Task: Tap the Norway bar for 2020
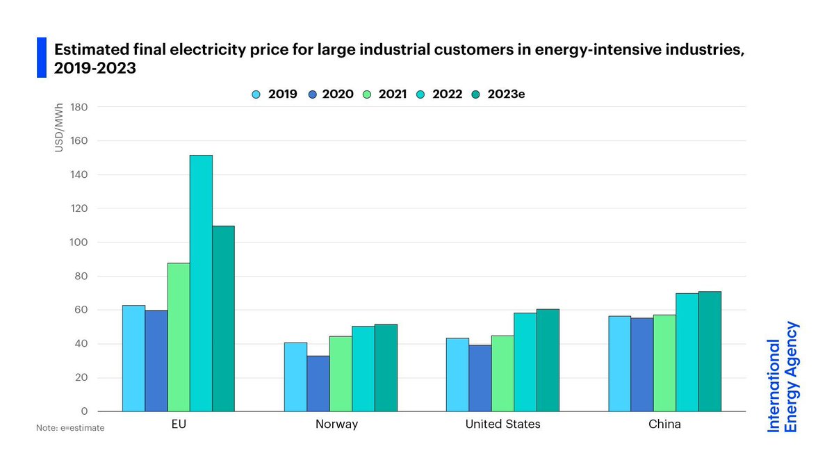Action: (x=318, y=384)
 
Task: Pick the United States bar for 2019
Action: (x=458, y=375)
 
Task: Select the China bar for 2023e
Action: (x=710, y=352)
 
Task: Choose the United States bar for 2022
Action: (x=525, y=362)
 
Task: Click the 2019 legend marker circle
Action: (x=257, y=94)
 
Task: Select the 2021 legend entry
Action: (x=386, y=94)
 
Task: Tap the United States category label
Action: (x=502, y=424)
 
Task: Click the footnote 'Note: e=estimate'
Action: (x=70, y=428)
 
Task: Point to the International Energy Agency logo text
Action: (x=783, y=377)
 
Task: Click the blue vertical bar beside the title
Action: (x=41, y=57)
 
